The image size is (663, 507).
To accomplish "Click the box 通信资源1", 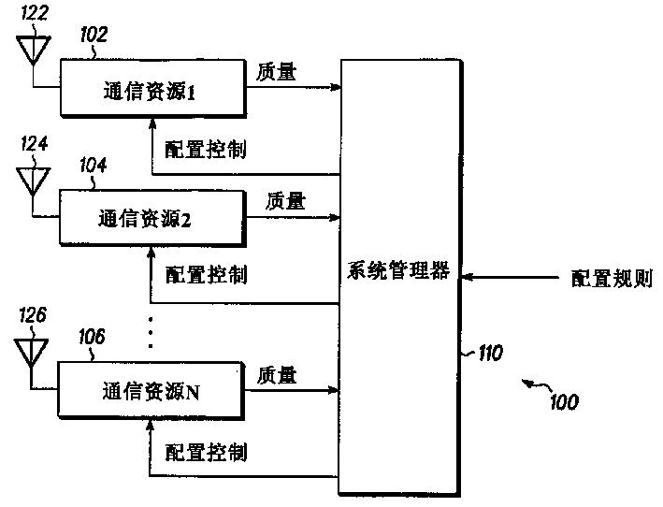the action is pyautogui.click(x=153, y=88).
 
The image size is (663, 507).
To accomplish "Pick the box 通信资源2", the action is pyautogui.click(x=152, y=218).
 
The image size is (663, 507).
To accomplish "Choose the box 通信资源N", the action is pyautogui.click(x=151, y=390).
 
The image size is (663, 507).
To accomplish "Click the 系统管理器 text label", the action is pyautogui.click(x=398, y=270).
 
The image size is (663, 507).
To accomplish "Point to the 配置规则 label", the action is pyautogui.click(x=612, y=278).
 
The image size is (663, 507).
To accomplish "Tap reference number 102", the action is pyautogui.click(x=94, y=35).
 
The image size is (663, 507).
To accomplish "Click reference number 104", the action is pyautogui.click(x=93, y=165).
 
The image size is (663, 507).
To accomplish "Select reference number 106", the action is pyautogui.click(x=92, y=337).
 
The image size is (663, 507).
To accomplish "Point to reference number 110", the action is pyautogui.click(x=491, y=353).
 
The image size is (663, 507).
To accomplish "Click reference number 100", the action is pyautogui.click(x=564, y=401).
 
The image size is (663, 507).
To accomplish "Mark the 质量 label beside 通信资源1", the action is pyautogui.click(x=276, y=71).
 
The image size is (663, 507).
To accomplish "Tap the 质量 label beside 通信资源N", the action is pyautogui.click(x=277, y=375).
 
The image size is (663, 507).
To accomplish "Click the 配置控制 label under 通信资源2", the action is pyautogui.click(x=206, y=275).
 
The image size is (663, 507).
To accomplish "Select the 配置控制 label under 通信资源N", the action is pyautogui.click(x=206, y=453).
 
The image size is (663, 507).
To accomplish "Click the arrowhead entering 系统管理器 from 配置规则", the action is pyautogui.click(x=467, y=278).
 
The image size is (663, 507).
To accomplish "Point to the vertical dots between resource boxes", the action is pyautogui.click(x=151, y=332).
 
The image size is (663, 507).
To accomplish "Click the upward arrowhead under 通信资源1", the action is pyautogui.click(x=152, y=123).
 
